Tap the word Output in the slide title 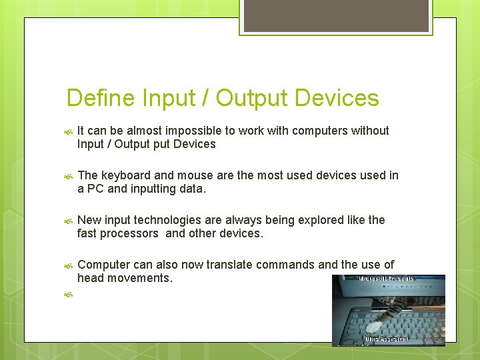pos(251,98)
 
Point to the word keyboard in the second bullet pos(125,175)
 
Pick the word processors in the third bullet pos(131,233)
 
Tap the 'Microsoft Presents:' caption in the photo pos(387,279)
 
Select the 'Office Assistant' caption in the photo pos(387,340)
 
